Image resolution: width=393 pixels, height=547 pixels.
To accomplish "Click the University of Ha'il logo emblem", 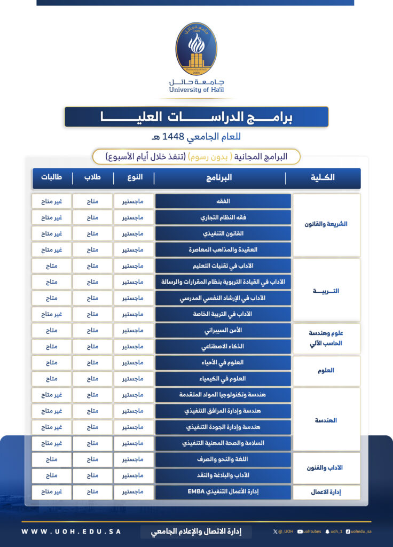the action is click(x=196, y=49).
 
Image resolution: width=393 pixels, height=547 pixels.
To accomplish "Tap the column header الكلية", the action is click(x=323, y=178).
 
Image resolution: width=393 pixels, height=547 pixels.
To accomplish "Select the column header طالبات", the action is click(x=52, y=178).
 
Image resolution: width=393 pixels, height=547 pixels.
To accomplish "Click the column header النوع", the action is click(x=134, y=178).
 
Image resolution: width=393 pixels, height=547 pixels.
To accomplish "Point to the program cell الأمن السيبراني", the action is click(x=223, y=330).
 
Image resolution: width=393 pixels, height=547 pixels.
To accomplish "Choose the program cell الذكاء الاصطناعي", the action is click(x=223, y=346).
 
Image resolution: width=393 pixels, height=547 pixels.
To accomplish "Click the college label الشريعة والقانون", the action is click(x=326, y=224).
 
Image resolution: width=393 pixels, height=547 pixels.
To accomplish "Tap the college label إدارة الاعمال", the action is click(x=326, y=492).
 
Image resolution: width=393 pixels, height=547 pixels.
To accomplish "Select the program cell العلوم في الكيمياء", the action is click(x=223, y=379).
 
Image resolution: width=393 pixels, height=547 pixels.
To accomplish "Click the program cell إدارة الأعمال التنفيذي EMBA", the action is click(x=223, y=492).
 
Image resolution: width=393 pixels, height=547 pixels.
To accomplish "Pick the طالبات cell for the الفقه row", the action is click(x=52, y=201).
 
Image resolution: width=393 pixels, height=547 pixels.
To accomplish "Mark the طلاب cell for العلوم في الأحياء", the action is click(x=93, y=363).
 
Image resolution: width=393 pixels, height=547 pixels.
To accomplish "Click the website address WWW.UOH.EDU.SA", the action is click(x=71, y=532).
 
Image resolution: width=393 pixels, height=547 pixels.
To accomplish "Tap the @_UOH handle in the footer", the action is click(x=284, y=532).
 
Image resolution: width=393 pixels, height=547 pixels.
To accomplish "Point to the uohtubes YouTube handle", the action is click(x=309, y=532).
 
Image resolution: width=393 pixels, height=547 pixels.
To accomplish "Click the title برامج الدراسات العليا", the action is click(x=196, y=116).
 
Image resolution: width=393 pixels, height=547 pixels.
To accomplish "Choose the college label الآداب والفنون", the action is click(x=326, y=467).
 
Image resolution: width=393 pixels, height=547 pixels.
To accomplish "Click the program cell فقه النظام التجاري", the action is click(x=223, y=217).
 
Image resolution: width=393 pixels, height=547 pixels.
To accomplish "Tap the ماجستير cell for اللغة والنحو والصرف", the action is click(x=134, y=459).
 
